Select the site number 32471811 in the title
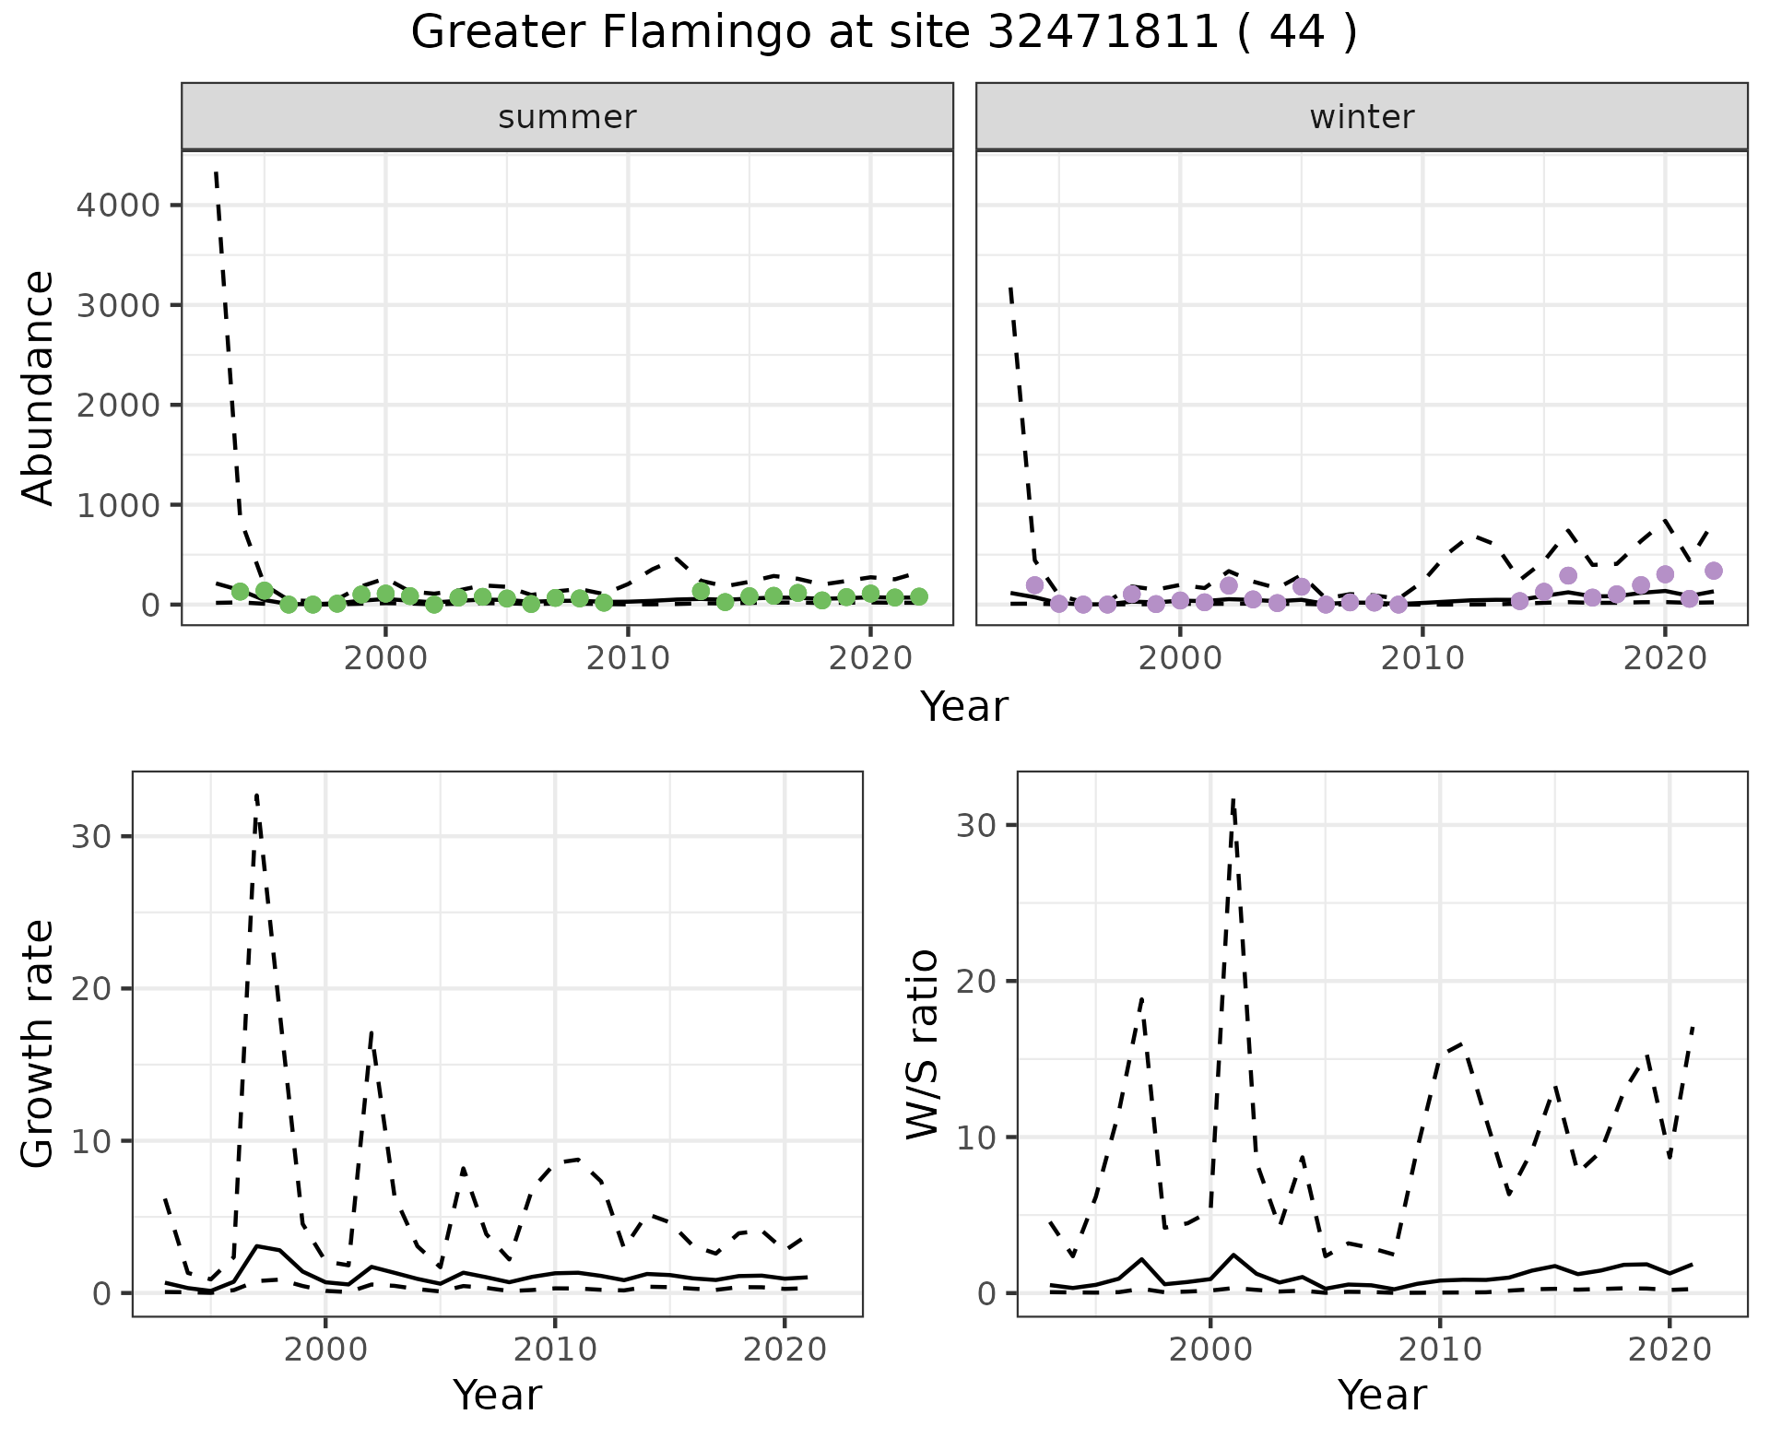click(1103, 33)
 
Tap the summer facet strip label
click(567, 117)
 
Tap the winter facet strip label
click(1362, 117)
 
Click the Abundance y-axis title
click(39, 387)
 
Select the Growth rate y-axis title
click(39, 1043)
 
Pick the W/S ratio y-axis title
click(923, 1043)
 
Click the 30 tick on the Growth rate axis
click(90, 837)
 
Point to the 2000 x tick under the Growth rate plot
click(324, 1350)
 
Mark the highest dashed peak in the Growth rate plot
click(256, 795)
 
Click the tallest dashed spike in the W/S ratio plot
click(1233, 800)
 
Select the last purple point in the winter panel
click(1713, 571)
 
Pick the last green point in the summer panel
click(918, 596)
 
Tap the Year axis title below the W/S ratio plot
click(1382, 1396)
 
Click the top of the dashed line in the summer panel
click(216, 172)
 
